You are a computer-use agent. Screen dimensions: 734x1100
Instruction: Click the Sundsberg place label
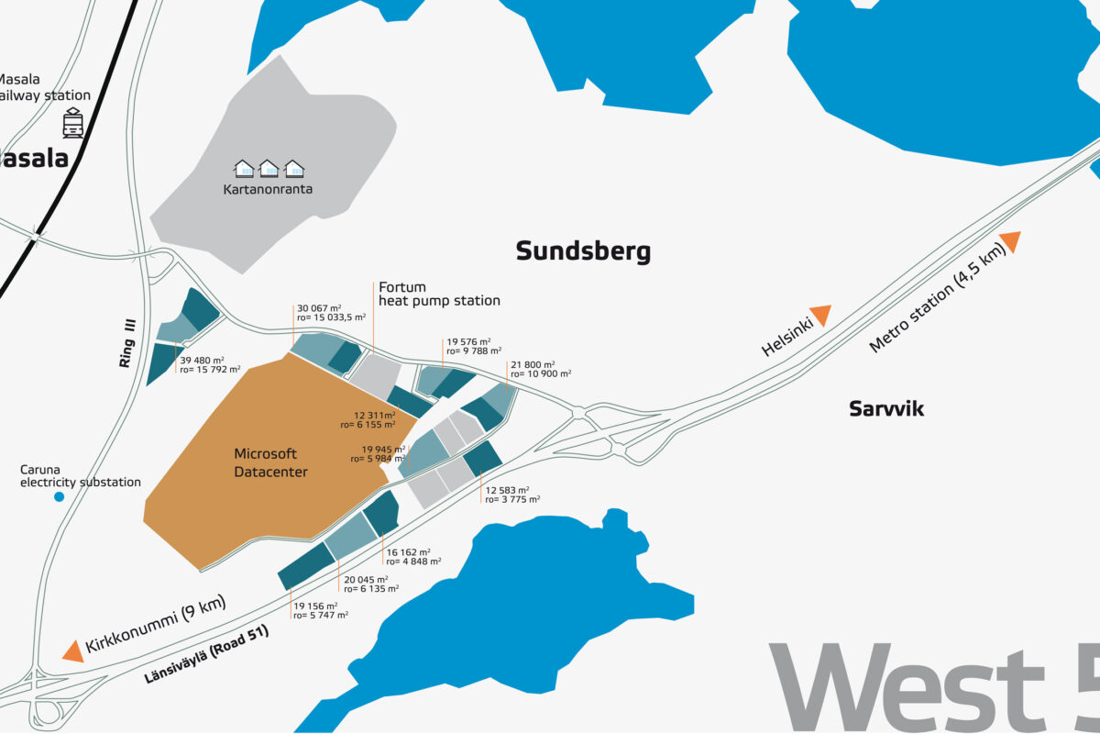[x=583, y=251]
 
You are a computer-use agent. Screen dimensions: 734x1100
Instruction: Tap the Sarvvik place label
[x=885, y=409]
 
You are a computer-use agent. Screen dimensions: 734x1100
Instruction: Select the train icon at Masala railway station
[x=73, y=123]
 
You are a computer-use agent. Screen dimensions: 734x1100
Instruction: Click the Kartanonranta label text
[x=268, y=190]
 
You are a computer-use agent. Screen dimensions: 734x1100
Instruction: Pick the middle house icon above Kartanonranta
[x=269, y=169]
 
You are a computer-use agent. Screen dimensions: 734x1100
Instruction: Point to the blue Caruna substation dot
[x=60, y=496]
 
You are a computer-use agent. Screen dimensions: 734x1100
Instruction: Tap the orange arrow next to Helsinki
[x=819, y=315]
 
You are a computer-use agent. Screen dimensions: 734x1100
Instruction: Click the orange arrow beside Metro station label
[x=1010, y=241]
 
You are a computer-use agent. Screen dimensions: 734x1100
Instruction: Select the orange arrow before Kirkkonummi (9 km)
[x=72, y=651]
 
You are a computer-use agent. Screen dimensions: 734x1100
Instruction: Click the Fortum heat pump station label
[x=439, y=294]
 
